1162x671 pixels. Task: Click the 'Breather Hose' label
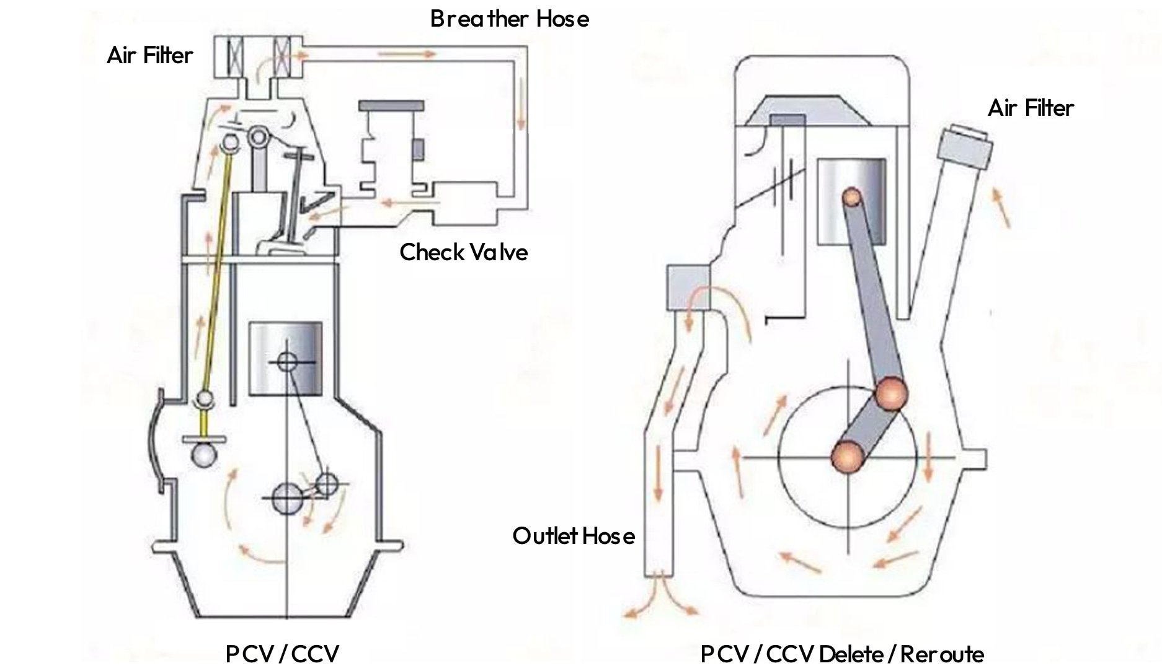click(x=509, y=19)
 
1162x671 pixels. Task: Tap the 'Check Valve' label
click(x=463, y=252)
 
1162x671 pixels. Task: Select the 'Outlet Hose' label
click(x=574, y=536)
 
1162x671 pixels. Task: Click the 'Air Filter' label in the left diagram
click(x=149, y=56)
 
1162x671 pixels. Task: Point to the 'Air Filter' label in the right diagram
click(x=1031, y=108)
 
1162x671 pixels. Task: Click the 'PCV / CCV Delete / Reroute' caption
click(x=842, y=654)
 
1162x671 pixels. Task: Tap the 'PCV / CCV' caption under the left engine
click(x=282, y=654)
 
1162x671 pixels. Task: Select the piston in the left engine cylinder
click(x=285, y=359)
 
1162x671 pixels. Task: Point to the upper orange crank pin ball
click(x=890, y=393)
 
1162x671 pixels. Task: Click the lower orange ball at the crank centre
click(x=848, y=457)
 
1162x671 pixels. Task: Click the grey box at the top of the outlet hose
click(x=687, y=287)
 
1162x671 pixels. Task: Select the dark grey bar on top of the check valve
click(x=391, y=106)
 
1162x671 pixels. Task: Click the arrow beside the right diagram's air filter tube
click(x=1002, y=208)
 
